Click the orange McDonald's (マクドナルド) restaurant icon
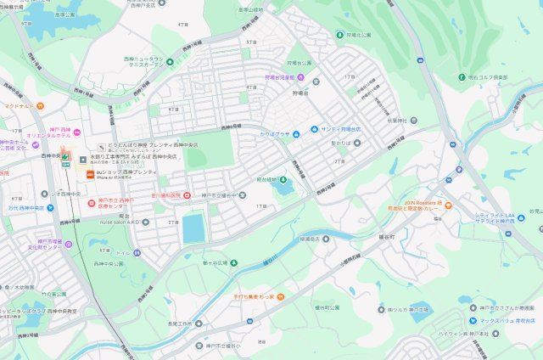pos(40,106)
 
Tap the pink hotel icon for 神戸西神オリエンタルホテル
pos(77,131)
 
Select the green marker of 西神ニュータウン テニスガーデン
pos(169,62)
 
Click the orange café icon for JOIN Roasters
pos(448,205)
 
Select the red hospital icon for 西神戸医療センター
pos(92,203)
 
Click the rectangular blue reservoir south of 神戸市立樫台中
pos(193,228)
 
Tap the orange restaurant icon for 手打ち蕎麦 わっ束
pos(280,296)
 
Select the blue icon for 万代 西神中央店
pos(3,207)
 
